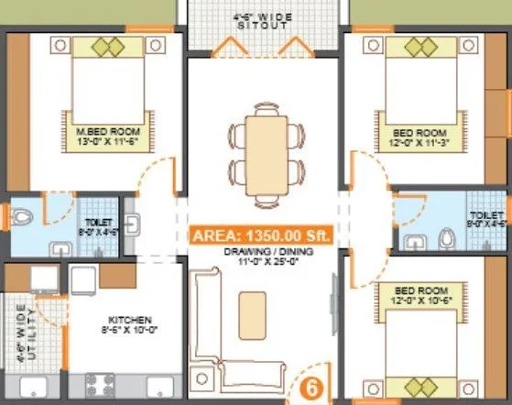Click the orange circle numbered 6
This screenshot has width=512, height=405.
tap(311, 387)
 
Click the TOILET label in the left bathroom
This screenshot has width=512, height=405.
tap(98, 223)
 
